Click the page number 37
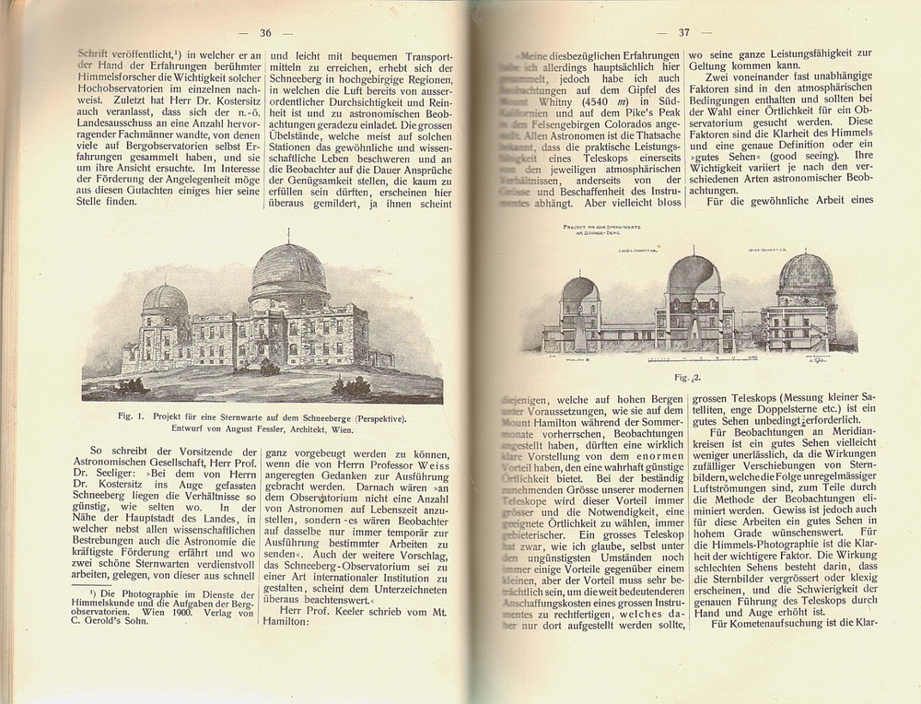coord(684,32)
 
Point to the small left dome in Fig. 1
coord(167,300)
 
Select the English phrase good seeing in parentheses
coord(799,157)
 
